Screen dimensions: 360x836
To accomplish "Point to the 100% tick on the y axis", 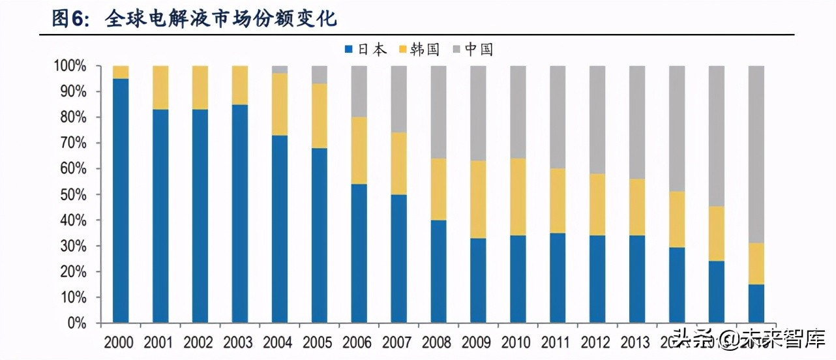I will click(x=70, y=67).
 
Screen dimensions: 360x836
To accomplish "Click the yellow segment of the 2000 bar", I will click(x=121, y=72).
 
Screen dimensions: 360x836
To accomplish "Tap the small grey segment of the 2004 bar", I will click(x=280, y=69).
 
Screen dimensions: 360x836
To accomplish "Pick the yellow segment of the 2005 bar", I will click(x=320, y=116).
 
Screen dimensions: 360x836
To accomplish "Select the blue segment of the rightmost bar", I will click(x=756, y=303).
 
